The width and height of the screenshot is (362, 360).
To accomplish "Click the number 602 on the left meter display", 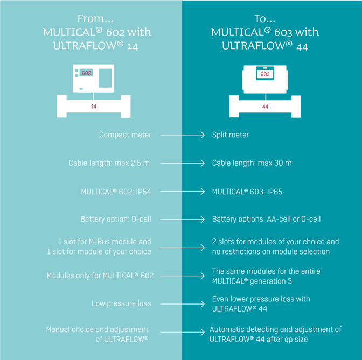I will (86, 73).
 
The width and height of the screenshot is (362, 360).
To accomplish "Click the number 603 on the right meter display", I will (265, 74).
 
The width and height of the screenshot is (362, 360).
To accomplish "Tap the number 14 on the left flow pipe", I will (94, 107).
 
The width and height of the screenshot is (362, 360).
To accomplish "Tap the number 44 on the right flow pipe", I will (265, 107).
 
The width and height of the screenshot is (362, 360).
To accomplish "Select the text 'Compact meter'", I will (125, 135).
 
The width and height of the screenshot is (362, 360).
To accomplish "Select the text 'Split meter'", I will (231, 135).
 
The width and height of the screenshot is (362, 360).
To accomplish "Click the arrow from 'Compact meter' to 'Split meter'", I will (182, 135).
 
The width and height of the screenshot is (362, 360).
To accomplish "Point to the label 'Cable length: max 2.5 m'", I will (109, 163).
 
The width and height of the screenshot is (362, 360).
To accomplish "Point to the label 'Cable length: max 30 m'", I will (252, 163).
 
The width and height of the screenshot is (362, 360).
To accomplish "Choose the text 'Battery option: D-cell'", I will (116, 220).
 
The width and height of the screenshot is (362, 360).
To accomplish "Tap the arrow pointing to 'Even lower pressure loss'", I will (182, 304).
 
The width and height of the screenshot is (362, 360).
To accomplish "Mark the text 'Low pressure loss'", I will (121, 304).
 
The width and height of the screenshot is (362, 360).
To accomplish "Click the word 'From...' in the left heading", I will (95, 19).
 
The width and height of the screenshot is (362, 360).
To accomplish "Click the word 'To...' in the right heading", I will (264, 19).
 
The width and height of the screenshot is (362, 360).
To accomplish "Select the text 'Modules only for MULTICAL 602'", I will (100, 276).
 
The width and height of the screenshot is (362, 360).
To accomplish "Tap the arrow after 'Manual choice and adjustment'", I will (182, 332).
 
